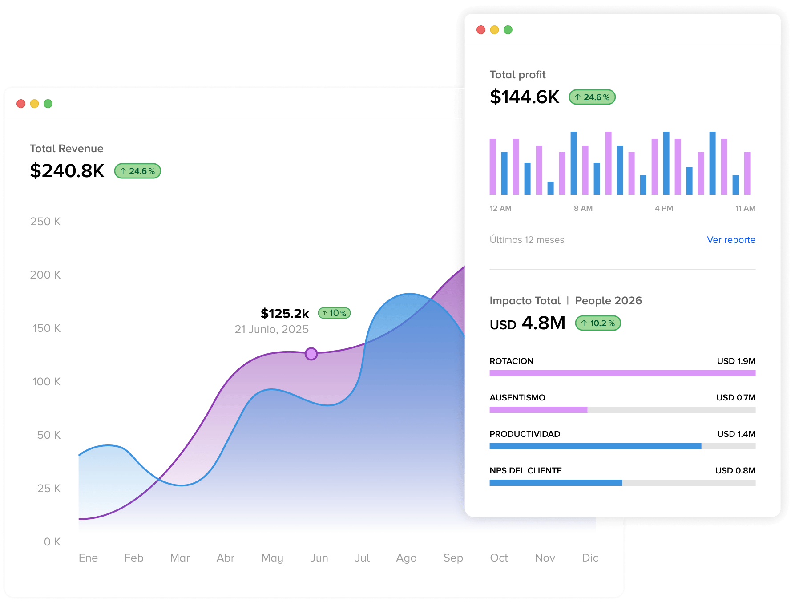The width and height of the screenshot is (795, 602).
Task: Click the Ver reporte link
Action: coord(731,240)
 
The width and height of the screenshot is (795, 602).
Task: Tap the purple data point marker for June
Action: coord(311,354)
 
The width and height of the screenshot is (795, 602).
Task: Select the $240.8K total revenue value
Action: coord(67,171)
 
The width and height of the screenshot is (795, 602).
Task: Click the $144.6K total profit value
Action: coord(525,97)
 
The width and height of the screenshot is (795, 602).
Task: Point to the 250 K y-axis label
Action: coord(45,222)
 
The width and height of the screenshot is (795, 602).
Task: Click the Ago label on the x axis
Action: coord(406,558)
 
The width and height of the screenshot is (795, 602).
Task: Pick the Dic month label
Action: coord(590,558)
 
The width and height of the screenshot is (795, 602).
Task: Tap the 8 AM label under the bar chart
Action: coord(583,208)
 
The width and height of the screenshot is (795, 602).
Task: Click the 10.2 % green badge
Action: coord(598,323)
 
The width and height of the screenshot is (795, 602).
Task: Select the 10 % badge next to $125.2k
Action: coord(335,313)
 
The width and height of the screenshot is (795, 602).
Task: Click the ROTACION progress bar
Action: coord(622,373)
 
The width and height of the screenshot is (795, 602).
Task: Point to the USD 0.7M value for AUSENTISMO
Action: coord(736,397)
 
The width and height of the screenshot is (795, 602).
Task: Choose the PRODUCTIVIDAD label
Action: coord(525,434)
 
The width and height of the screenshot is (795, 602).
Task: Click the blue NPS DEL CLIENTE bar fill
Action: coord(556,483)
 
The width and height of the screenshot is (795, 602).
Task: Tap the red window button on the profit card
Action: coord(481,30)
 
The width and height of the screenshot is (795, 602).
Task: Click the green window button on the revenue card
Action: coord(48,104)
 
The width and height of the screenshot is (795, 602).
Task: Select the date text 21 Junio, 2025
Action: coord(272,329)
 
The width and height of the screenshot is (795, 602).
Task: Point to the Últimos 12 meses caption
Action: coord(527,240)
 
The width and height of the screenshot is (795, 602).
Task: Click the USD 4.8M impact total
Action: coord(528,323)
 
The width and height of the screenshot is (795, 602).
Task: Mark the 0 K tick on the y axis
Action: coord(52,542)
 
